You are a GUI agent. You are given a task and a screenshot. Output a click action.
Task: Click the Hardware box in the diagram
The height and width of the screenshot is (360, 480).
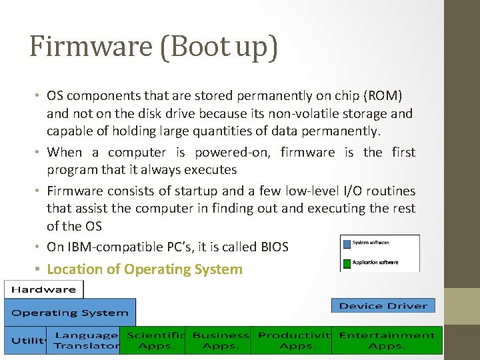pyautogui.click(x=44, y=289)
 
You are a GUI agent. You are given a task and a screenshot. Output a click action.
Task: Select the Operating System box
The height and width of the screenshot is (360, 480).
pyautogui.click(x=70, y=313)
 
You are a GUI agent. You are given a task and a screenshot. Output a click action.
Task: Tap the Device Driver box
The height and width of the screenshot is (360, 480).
pyautogui.click(x=383, y=306)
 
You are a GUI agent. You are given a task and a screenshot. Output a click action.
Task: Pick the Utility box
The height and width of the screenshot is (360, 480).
pyautogui.click(x=25, y=341)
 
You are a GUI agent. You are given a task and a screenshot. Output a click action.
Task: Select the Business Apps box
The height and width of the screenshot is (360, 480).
pyautogui.click(x=220, y=341)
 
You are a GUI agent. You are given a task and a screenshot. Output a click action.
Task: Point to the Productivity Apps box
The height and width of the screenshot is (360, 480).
pyautogui.click(x=293, y=341)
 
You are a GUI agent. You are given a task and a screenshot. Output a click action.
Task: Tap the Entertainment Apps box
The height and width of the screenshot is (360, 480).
pyautogui.click(x=387, y=341)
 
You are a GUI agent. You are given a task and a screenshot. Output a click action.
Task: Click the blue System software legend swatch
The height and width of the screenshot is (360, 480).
pyautogui.click(x=346, y=242)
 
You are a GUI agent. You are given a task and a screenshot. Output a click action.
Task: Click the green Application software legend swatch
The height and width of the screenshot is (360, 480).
pyautogui.click(x=346, y=262)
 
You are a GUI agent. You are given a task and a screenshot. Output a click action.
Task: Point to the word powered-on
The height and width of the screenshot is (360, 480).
pyautogui.click(x=232, y=152)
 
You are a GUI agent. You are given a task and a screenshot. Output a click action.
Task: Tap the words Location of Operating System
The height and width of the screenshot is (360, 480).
pyautogui.click(x=145, y=269)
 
